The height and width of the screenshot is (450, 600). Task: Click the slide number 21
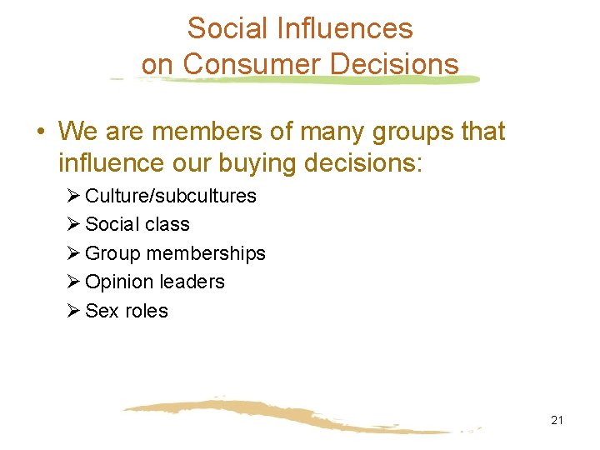pyautogui.click(x=557, y=420)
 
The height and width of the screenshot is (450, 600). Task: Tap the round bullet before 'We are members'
pyautogui.click(x=40, y=132)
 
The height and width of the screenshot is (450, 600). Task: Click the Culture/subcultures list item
pyautogui.click(x=170, y=196)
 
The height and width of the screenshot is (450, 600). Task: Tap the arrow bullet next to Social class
pyautogui.click(x=72, y=224)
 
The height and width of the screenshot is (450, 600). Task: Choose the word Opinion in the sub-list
pyautogui.click(x=117, y=282)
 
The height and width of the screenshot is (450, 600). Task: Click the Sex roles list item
pyautogui.click(x=127, y=311)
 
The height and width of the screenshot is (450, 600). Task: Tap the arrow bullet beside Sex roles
pyautogui.click(x=72, y=311)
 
